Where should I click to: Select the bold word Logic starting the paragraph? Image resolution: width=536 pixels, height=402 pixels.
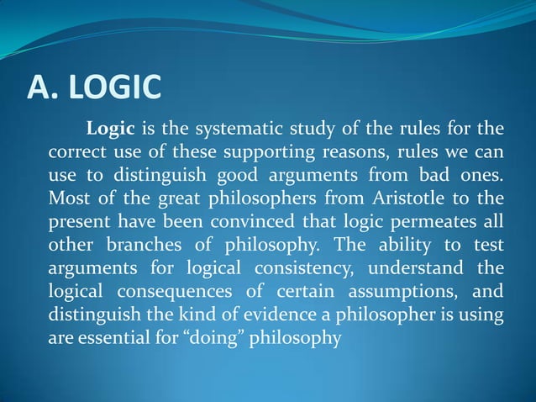click(110, 130)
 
